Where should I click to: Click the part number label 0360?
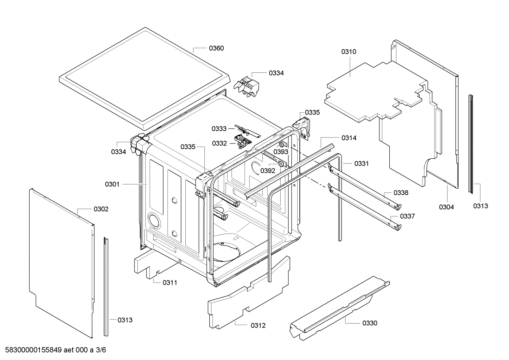pyautogui.click(x=216, y=48)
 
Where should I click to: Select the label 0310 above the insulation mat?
pyautogui.click(x=348, y=52)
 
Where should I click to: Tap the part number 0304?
pyautogui.click(x=446, y=207)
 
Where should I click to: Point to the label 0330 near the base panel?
pyautogui.click(x=370, y=323)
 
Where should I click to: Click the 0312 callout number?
pyautogui.click(x=258, y=326)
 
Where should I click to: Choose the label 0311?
pyautogui.click(x=170, y=283)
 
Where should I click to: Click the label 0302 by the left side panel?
pyautogui.click(x=101, y=209)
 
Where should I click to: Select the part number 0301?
pyautogui.click(x=112, y=184)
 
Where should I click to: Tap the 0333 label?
pyautogui.click(x=219, y=129)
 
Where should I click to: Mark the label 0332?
pyautogui.click(x=219, y=143)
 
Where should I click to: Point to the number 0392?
pyautogui.click(x=268, y=171)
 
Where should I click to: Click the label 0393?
pyautogui.click(x=281, y=152)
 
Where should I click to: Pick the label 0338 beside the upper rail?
pyautogui.click(x=401, y=193)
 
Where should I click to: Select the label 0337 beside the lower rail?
pyautogui.click(x=407, y=216)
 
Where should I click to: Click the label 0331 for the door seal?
pyautogui.click(x=361, y=164)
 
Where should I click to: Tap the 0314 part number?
pyautogui.click(x=349, y=138)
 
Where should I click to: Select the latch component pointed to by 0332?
pyautogui.click(x=243, y=142)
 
